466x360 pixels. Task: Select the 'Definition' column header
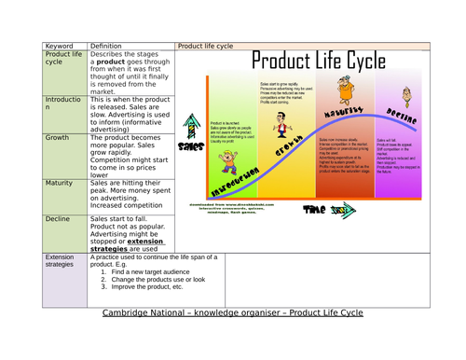coord(109,45)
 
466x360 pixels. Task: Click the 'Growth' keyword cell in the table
coord(57,138)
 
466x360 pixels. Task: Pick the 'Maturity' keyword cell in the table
coord(60,184)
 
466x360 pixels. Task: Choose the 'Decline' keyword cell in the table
coord(58,220)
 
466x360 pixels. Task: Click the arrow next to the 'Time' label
coord(345,210)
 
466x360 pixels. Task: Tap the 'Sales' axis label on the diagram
coord(191,146)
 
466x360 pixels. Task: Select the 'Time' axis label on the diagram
coord(315,210)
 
